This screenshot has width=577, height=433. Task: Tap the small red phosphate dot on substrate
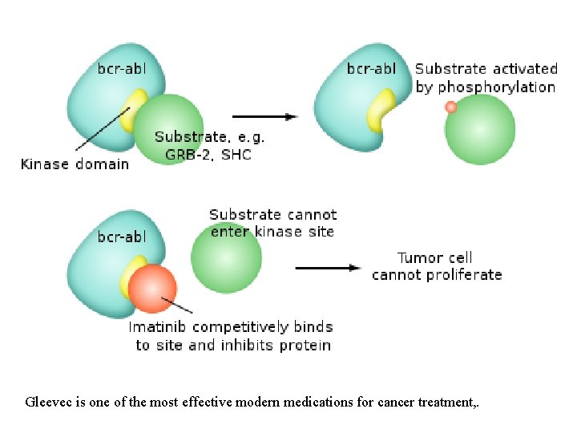point(451,107)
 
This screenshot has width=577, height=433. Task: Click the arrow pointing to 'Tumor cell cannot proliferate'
point(328,268)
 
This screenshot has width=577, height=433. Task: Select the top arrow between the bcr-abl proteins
point(265,116)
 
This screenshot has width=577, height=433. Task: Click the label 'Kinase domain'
point(75,164)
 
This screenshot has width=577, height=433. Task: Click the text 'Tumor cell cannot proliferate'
point(437,266)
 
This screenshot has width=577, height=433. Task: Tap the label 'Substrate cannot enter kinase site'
point(272,223)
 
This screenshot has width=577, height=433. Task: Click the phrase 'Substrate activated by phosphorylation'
point(486,78)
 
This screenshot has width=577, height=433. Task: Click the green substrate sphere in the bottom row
point(226,259)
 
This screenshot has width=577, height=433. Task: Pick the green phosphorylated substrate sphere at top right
point(480,130)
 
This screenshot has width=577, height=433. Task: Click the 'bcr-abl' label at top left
point(122,68)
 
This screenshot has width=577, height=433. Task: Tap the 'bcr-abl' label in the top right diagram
point(371,68)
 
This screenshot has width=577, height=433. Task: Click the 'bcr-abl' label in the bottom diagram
point(122,237)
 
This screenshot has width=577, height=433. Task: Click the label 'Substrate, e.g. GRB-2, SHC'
point(210,146)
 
